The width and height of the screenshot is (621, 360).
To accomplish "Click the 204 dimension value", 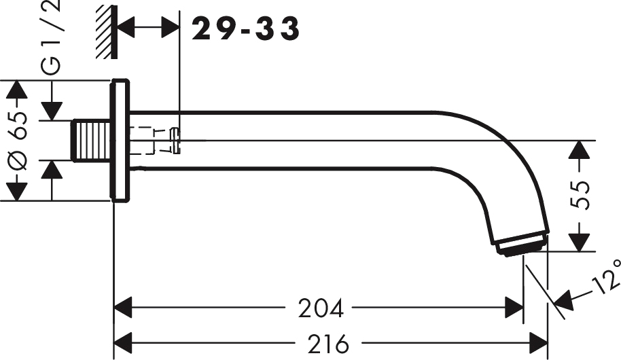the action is pos(321,308).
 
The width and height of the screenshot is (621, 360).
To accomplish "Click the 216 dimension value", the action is pos(328,344).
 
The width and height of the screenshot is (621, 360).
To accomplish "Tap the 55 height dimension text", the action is pos(580,196).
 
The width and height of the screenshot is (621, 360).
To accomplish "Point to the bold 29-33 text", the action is pos(245,29).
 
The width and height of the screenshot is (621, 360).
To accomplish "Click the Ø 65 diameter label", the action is pos(18,141).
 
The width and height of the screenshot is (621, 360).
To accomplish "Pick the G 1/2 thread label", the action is pos(51,37).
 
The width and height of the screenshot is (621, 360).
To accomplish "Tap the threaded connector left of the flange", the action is pos(91,141).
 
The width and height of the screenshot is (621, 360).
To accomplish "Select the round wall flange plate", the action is pos(120,140).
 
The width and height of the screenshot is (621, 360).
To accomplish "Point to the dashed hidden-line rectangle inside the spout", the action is pos(141,141).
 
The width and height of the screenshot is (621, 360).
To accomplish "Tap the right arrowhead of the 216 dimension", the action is pos(539,343).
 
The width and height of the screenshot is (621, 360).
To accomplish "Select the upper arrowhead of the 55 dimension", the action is pos(580,149).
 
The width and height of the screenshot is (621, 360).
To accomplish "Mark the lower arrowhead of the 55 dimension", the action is pos(580,242).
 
